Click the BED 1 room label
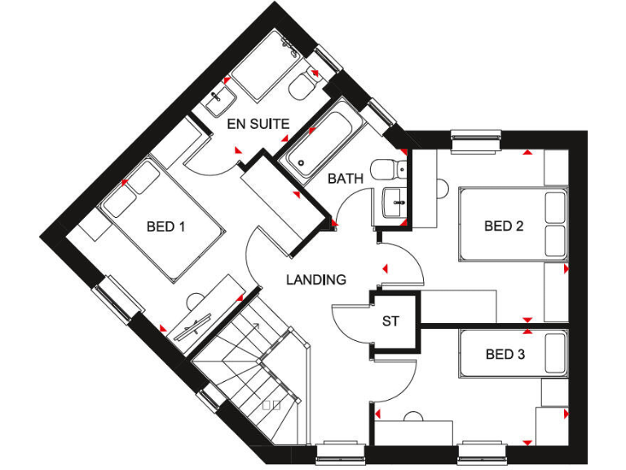click(165, 226)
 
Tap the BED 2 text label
click(504, 226)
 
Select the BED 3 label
click(505, 354)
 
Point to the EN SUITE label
click(258, 125)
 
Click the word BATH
click(345, 178)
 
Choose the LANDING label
click(315, 279)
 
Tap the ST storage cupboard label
click(391, 321)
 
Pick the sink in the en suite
click(218, 102)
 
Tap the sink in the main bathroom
click(394, 199)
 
